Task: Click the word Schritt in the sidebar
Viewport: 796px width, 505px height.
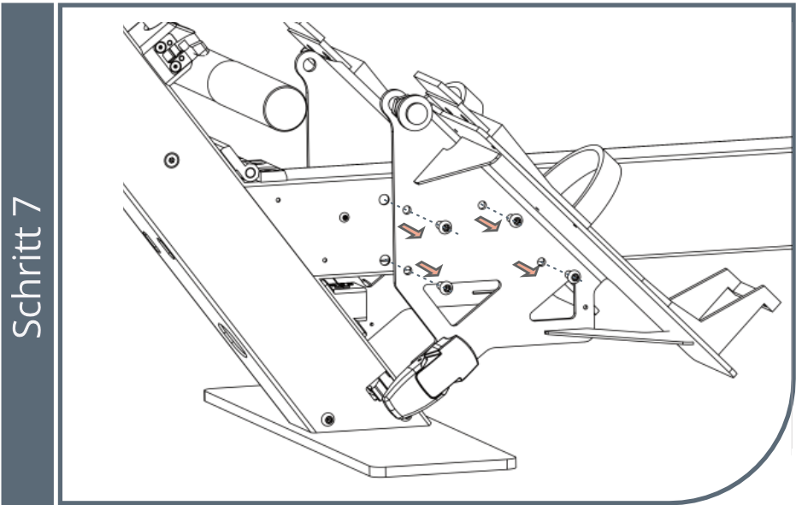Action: point(27,283)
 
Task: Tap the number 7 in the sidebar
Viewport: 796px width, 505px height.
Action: point(27,208)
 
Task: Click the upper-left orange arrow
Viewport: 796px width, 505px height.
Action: point(412,231)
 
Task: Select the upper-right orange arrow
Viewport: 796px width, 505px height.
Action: point(487,223)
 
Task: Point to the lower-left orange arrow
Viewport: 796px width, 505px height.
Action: point(429,268)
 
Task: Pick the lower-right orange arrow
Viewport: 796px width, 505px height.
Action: point(526,268)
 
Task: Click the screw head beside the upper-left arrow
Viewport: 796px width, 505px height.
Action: point(445,227)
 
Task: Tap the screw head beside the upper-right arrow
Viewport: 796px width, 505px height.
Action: point(516,220)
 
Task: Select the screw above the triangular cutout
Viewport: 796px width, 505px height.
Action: point(445,288)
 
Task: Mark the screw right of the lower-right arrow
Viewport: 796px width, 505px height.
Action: point(575,277)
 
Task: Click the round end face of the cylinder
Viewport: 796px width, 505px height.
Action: point(284,109)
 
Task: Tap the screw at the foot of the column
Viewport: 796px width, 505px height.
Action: point(329,420)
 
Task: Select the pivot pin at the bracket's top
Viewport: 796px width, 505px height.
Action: point(416,113)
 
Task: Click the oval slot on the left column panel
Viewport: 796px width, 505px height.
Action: point(233,340)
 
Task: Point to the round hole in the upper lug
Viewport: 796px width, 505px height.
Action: point(310,65)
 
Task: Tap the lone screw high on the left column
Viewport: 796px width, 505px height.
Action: point(172,161)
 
